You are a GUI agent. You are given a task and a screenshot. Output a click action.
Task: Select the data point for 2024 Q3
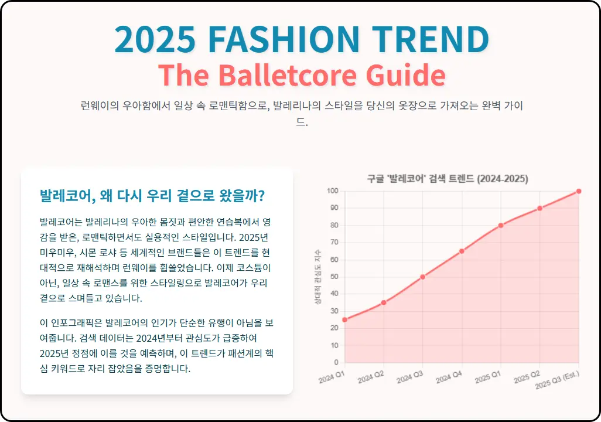(422, 277)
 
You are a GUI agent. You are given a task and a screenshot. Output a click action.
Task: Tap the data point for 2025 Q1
(501, 225)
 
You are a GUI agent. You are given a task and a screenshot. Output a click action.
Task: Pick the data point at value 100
(579, 191)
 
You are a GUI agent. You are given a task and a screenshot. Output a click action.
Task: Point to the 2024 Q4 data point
(462, 251)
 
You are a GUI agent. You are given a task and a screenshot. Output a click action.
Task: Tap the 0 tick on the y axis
(336, 362)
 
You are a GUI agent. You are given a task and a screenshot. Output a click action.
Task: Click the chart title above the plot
(448, 179)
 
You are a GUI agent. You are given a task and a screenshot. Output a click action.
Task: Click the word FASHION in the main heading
(283, 39)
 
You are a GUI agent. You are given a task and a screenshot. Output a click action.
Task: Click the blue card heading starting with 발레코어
(152, 195)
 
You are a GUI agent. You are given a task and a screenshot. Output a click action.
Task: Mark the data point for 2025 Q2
(539, 208)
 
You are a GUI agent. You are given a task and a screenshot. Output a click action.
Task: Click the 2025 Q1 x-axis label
(487, 376)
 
